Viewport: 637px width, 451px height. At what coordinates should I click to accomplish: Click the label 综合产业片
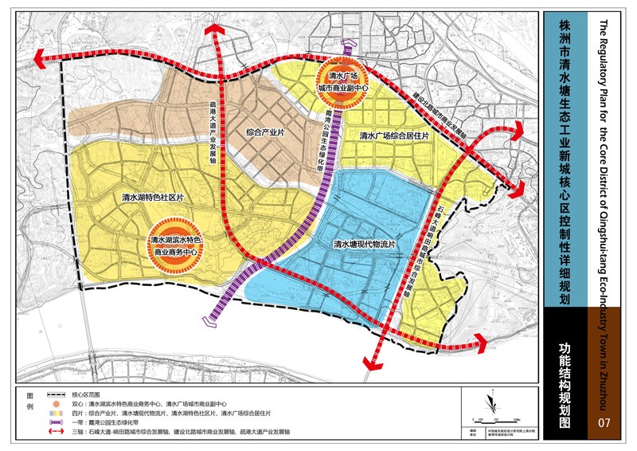[265, 132]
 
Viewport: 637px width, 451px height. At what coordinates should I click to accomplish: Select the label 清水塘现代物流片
[364, 244]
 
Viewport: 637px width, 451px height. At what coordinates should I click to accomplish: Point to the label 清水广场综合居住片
[394, 136]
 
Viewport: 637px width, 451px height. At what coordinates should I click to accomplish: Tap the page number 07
[604, 422]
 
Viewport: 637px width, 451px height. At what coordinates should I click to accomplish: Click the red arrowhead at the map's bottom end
[370, 363]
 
